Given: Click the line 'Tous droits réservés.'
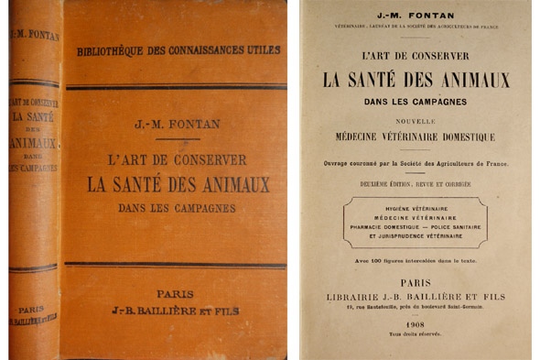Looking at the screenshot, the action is pos(416,335).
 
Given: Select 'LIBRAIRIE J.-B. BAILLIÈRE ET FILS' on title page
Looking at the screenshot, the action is pos(416,296).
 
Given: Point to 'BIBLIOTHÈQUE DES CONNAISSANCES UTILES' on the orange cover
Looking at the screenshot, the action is pos(178,49).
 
